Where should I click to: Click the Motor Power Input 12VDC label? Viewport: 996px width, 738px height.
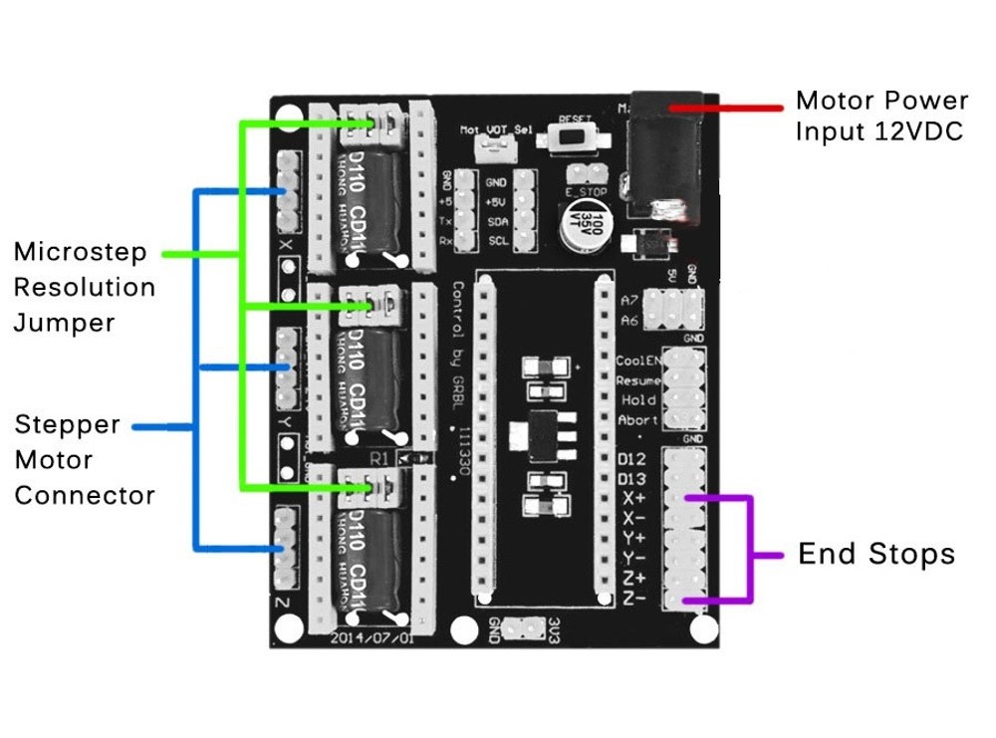point(880,116)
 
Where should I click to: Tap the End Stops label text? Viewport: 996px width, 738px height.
point(875,555)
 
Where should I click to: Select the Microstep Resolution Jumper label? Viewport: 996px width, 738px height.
point(85,288)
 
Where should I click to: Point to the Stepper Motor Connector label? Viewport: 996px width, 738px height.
point(85,460)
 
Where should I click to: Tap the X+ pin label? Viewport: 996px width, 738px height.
point(632,498)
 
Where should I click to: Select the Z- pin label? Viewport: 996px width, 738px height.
point(632,598)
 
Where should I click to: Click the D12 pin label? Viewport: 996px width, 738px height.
point(632,460)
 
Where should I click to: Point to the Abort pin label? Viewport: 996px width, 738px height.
point(637,420)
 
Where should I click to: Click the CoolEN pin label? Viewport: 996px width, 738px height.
point(637,361)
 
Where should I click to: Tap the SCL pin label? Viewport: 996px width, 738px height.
point(495,240)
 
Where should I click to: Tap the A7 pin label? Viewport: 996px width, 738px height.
point(628,300)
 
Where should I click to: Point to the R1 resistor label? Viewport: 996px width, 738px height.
point(378,459)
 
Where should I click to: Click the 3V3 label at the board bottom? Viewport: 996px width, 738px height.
point(555,629)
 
